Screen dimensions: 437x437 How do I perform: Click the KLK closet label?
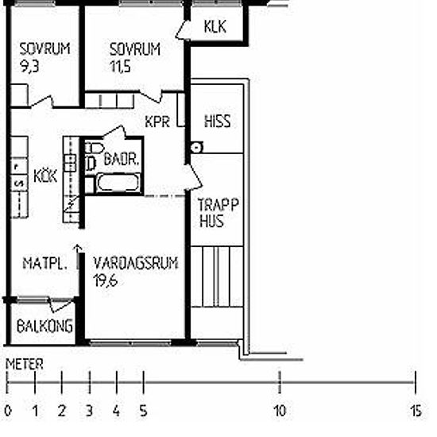(215, 27)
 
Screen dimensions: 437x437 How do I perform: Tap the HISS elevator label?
(218, 122)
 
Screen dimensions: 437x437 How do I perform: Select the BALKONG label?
(44, 326)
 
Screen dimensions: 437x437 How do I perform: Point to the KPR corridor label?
(157, 122)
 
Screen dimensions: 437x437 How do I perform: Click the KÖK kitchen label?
(45, 176)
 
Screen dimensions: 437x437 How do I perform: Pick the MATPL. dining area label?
(44, 263)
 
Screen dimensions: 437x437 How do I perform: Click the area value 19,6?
(106, 280)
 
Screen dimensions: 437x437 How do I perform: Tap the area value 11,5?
(120, 66)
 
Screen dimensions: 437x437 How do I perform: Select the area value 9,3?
(29, 66)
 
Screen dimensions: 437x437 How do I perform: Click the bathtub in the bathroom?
(118, 182)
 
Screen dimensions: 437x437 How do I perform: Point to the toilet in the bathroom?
(94, 148)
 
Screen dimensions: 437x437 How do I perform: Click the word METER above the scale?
(25, 364)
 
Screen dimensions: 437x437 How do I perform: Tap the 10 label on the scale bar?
(280, 411)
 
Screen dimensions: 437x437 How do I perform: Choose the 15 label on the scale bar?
(416, 411)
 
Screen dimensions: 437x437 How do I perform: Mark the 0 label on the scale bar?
(8, 411)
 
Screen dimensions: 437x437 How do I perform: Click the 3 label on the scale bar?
(89, 411)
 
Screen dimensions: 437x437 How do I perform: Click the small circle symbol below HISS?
(197, 147)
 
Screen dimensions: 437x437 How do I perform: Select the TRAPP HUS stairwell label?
(218, 213)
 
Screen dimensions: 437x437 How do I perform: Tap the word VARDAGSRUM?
(136, 263)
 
